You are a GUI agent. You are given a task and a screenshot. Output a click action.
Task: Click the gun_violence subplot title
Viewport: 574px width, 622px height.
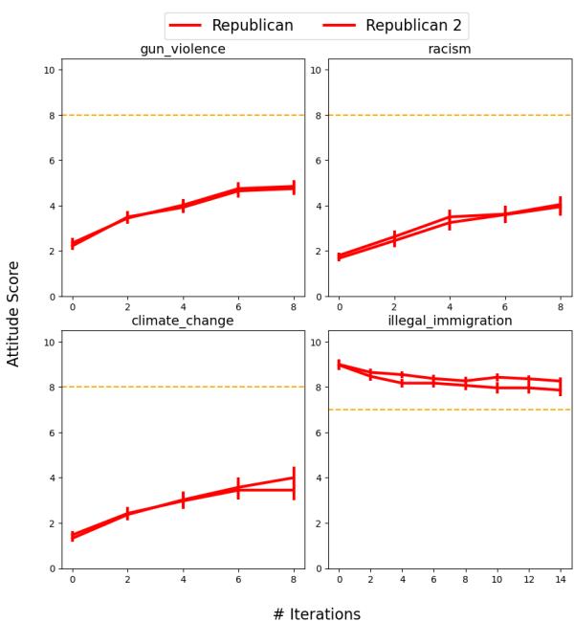point(183,49)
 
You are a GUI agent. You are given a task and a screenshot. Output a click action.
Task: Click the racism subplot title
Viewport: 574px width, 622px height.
point(449,49)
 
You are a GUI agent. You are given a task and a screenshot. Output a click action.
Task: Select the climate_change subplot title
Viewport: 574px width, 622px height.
point(183,321)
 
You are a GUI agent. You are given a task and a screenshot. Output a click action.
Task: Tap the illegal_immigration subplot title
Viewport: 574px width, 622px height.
point(449,321)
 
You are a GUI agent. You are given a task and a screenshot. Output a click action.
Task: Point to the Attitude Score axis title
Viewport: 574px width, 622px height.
point(13,313)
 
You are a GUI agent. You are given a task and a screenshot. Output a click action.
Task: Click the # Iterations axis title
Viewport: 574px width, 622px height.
point(317,613)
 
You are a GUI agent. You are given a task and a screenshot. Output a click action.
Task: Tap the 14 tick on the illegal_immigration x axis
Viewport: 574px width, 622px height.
point(561,579)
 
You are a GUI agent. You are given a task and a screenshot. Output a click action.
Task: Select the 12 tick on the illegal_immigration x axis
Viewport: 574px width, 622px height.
point(529,579)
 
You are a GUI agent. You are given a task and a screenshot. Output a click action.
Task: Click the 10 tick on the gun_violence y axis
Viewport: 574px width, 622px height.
point(51,70)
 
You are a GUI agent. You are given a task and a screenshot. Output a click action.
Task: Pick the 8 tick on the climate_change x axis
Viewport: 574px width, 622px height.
point(294,579)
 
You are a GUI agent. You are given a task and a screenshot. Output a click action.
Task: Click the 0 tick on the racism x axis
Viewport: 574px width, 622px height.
point(339,307)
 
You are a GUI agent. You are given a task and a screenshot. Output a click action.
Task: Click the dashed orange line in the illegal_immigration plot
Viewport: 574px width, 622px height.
point(449,410)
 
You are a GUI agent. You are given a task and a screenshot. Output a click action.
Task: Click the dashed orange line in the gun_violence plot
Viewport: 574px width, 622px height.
point(183,115)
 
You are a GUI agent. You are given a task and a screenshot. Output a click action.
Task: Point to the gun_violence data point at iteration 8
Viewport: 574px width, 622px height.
point(294,188)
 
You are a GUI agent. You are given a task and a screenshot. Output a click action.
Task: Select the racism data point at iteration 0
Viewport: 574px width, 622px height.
point(339,257)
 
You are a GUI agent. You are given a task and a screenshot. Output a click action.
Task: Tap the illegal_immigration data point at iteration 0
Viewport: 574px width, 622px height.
point(339,365)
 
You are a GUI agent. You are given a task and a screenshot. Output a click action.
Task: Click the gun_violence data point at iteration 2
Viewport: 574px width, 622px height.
point(127,218)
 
